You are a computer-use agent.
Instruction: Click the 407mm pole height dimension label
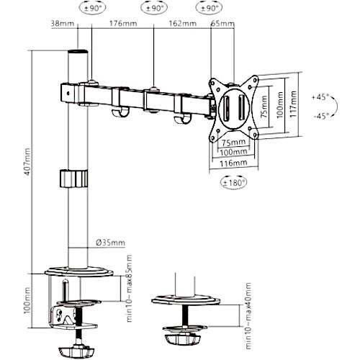[27, 162]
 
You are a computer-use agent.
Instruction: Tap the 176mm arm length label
[123, 24]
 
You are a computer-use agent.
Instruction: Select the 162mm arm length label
[183, 24]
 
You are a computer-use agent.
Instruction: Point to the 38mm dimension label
[63, 24]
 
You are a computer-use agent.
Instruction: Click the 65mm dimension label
[222, 24]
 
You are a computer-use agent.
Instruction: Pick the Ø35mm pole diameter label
[111, 243]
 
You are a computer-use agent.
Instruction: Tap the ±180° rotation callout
[233, 183]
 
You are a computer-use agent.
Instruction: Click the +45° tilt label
[320, 97]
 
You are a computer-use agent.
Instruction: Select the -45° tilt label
[321, 116]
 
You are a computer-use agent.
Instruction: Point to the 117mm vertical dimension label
[293, 104]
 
